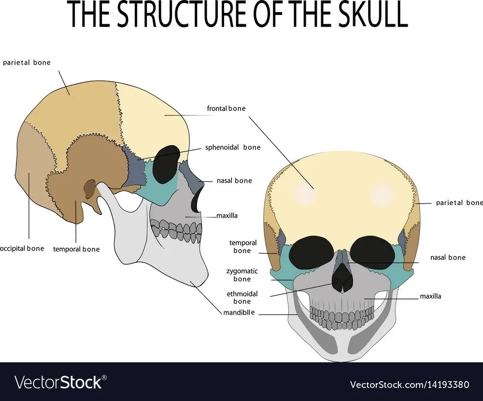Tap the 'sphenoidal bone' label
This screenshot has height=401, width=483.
pyautogui.click(x=233, y=148)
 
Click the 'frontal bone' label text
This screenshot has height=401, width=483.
pyautogui.click(x=226, y=109)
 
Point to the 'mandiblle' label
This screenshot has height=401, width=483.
pyautogui.click(x=239, y=312)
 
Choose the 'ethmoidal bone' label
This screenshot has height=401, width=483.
pyautogui.click(x=242, y=297)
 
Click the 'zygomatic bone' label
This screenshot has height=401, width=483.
pyautogui.click(x=242, y=275)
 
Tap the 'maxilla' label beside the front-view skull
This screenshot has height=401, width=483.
pyautogui.click(x=430, y=296)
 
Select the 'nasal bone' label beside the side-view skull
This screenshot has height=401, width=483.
pyautogui.click(x=234, y=181)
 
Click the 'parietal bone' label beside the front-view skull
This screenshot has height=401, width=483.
pyautogui.click(x=459, y=203)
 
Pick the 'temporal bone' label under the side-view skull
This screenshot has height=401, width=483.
pyautogui.click(x=76, y=249)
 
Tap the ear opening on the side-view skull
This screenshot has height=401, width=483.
pyautogui.click(x=90, y=188)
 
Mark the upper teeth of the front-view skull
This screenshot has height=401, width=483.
pyautogui.click(x=342, y=316)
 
